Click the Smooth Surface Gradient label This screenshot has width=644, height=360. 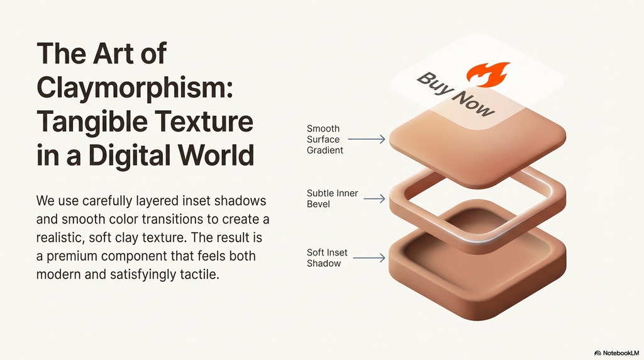[325, 139]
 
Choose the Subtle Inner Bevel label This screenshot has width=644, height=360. [332, 198]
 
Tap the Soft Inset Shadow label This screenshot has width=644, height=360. [327, 258]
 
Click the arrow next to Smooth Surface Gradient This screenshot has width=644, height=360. [366, 139]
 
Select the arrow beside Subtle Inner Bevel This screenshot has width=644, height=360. [374, 199]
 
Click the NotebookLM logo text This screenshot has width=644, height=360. [620, 353]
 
